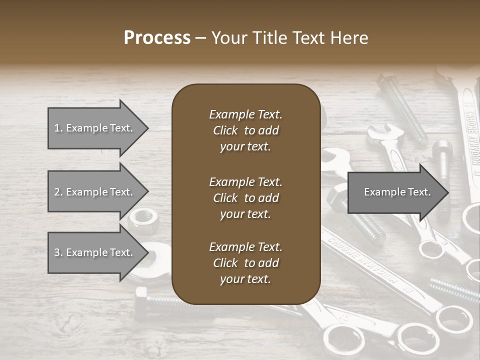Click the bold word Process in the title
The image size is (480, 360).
tap(157, 38)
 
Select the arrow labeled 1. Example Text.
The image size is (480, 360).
tap(95, 128)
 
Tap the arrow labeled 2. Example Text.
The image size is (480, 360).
tap(95, 192)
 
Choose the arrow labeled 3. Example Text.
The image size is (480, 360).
tap(95, 252)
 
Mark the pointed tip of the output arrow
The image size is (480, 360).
tap(447, 192)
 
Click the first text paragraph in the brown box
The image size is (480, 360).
tap(245, 130)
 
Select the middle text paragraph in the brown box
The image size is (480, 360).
tap(245, 198)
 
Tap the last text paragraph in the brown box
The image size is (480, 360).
tap(245, 263)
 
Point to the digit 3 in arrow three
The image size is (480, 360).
tap(56, 252)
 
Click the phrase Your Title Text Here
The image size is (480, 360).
tap(289, 38)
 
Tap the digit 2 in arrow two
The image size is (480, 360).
tap(56, 192)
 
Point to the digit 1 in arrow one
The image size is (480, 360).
tap(56, 128)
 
